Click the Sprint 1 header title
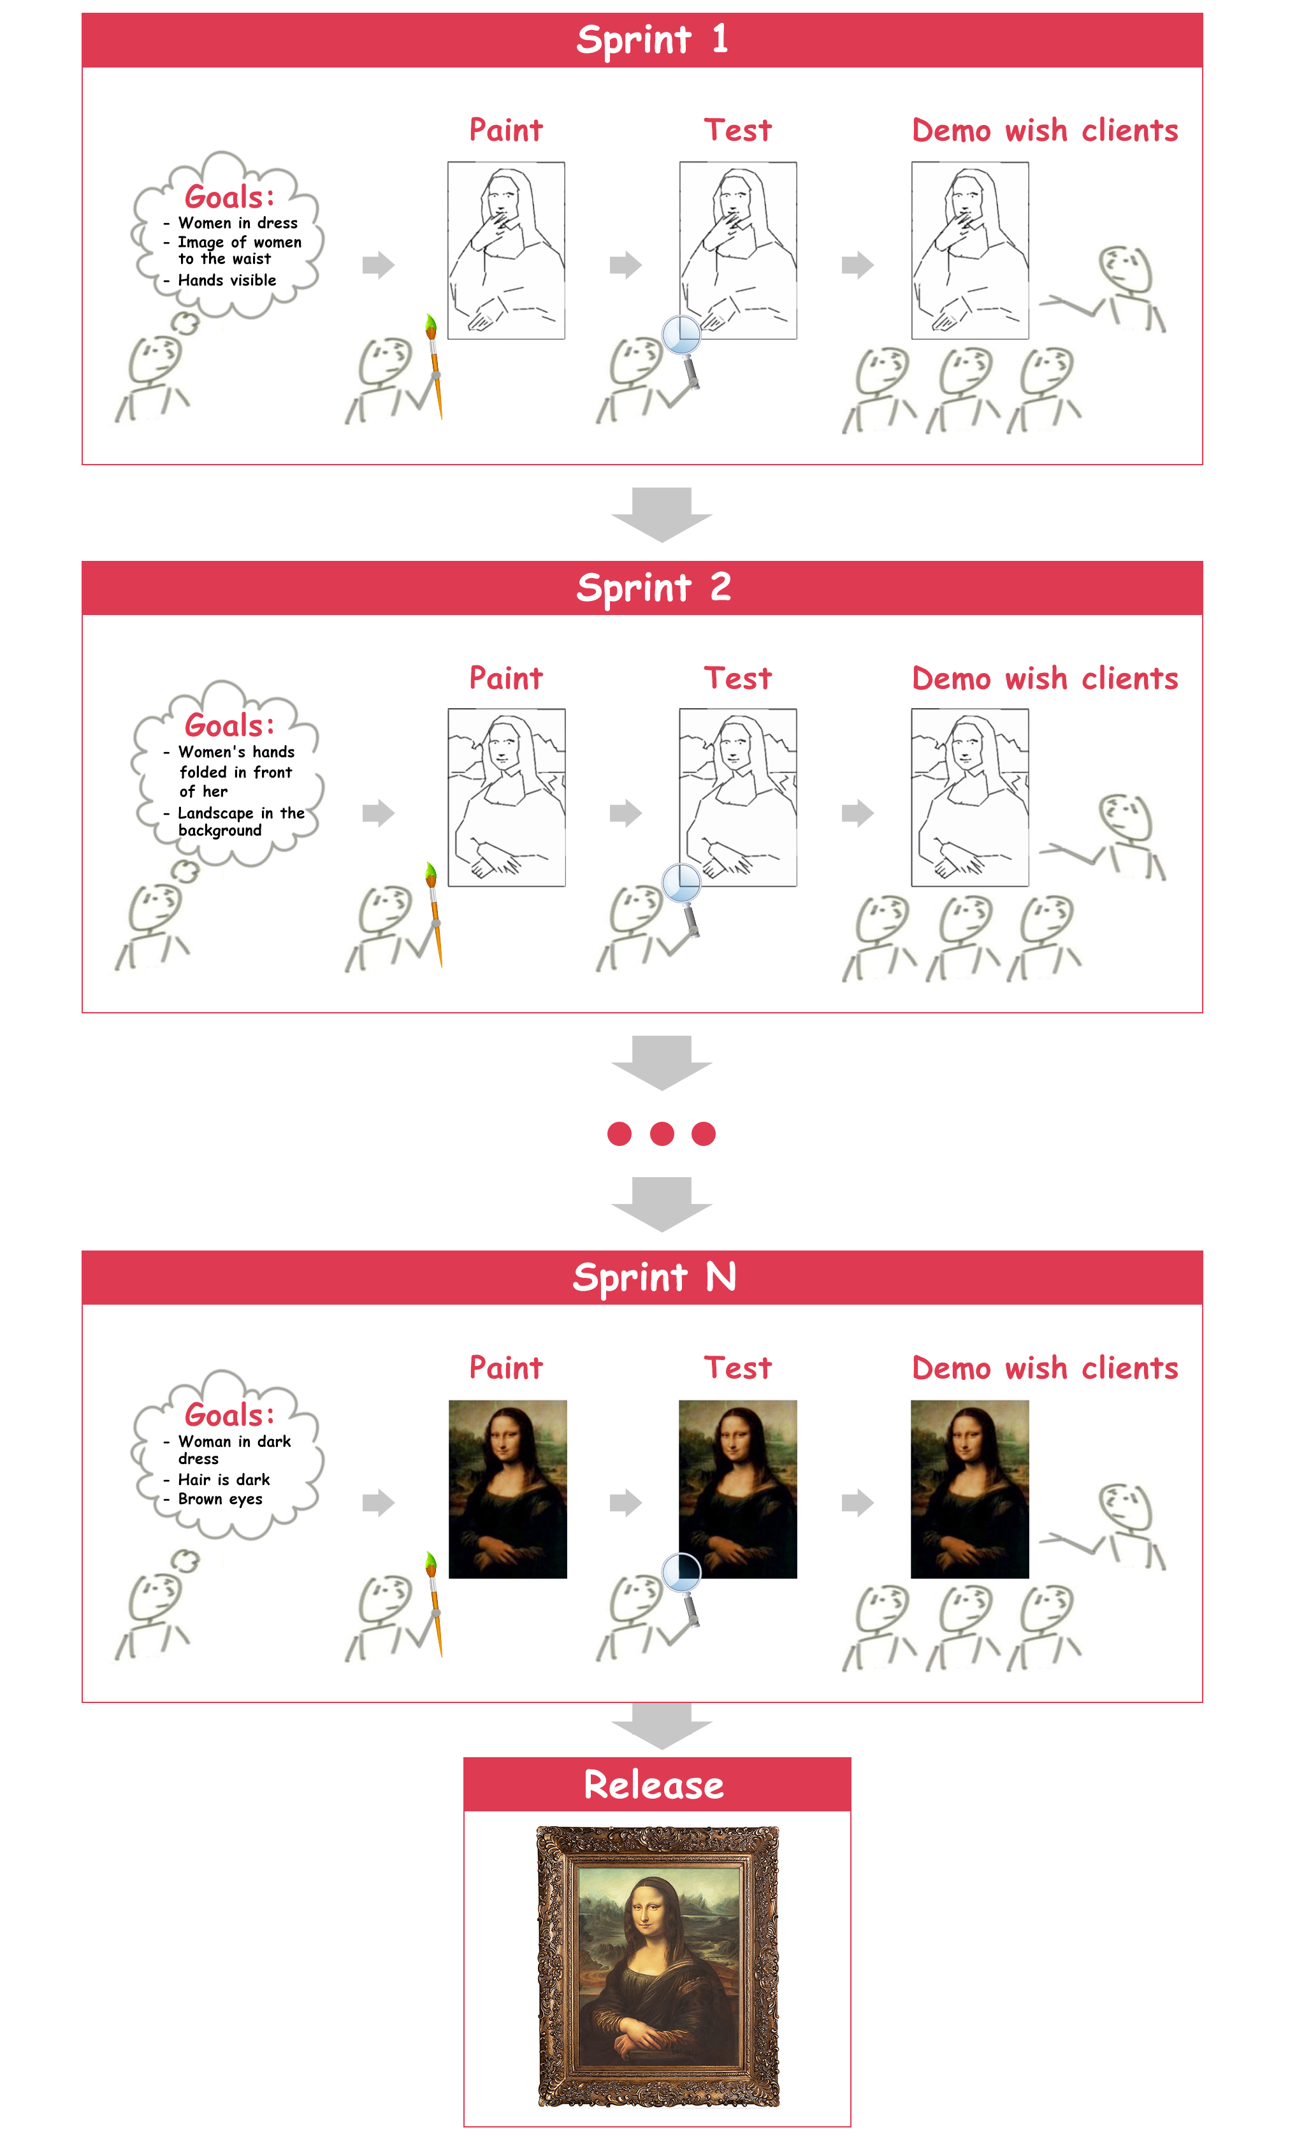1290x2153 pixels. (653, 40)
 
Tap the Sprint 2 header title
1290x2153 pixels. (654, 588)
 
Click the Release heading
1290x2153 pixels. (654, 1785)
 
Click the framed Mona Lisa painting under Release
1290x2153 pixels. (658, 1967)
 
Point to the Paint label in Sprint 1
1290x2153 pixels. (506, 131)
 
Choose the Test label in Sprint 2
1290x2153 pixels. (738, 678)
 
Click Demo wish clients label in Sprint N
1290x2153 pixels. (1045, 1368)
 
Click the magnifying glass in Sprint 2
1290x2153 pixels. (683, 899)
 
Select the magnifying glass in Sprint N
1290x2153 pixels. (683, 1590)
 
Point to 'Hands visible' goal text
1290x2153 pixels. (227, 280)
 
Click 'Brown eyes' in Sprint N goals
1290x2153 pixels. (220, 1499)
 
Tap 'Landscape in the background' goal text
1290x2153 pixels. (241, 822)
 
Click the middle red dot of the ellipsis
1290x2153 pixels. (662, 1133)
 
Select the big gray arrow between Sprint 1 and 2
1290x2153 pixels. (662, 514)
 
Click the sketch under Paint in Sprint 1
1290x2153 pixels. (506, 250)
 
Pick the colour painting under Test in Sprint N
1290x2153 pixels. (738, 1489)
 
